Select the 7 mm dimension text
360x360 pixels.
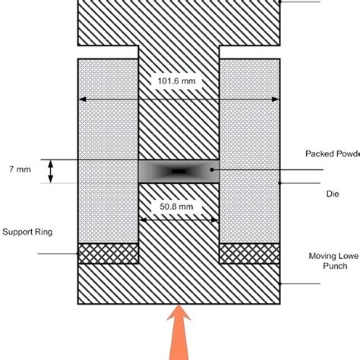click(21, 170)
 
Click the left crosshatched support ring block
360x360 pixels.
click(108, 253)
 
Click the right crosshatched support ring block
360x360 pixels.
click(249, 253)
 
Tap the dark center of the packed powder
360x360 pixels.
click(178, 171)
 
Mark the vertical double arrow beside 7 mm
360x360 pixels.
click(51, 171)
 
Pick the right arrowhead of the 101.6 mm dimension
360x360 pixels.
click(276, 99)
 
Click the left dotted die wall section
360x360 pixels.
click(108, 152)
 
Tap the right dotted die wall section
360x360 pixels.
click(249, 152)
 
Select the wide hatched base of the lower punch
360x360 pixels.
click(178, 285)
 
